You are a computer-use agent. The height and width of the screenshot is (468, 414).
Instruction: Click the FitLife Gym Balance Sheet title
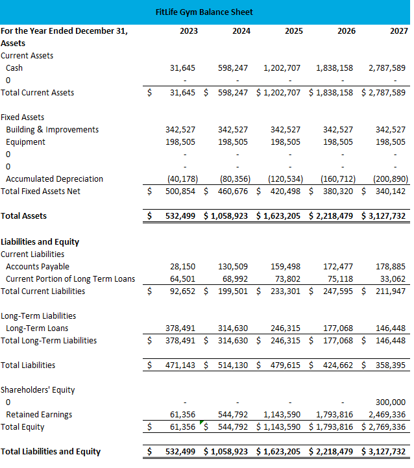[x=204, y=12]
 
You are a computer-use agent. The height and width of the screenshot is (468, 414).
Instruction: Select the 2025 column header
[x=293, y=31]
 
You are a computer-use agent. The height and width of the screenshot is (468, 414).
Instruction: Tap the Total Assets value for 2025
[x=282, y=216]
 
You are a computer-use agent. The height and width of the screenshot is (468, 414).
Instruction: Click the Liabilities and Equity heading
[x=40, y=241]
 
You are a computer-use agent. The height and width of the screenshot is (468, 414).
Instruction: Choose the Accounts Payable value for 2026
[x=338, y=266]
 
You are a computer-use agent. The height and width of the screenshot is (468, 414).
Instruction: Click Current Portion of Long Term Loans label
[x=70, y=278]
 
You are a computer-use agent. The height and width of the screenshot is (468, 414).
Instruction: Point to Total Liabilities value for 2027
[x=391, y=365]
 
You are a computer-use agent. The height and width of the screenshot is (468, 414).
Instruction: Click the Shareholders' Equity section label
[x=38, y=389]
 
